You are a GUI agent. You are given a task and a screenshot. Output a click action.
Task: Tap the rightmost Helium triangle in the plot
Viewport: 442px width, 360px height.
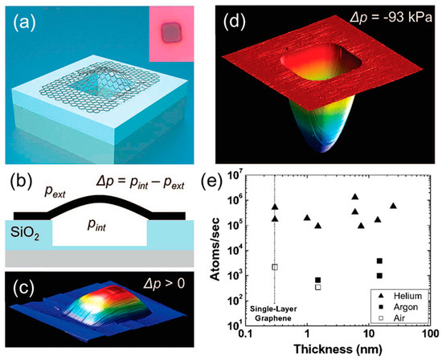[x=393, y=206]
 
